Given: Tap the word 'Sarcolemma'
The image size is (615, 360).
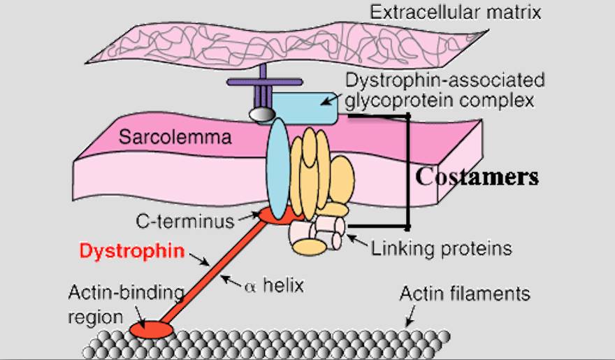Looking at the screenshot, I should (175, 136).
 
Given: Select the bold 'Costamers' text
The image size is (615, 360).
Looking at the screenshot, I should (477, 176).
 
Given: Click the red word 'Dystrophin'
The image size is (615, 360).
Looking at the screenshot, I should (132, 251).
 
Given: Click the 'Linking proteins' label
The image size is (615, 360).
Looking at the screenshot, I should (441, 247).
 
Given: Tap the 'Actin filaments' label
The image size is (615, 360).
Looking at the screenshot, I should (465, 294).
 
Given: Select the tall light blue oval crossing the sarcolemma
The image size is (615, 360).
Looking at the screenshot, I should (277, 168).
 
